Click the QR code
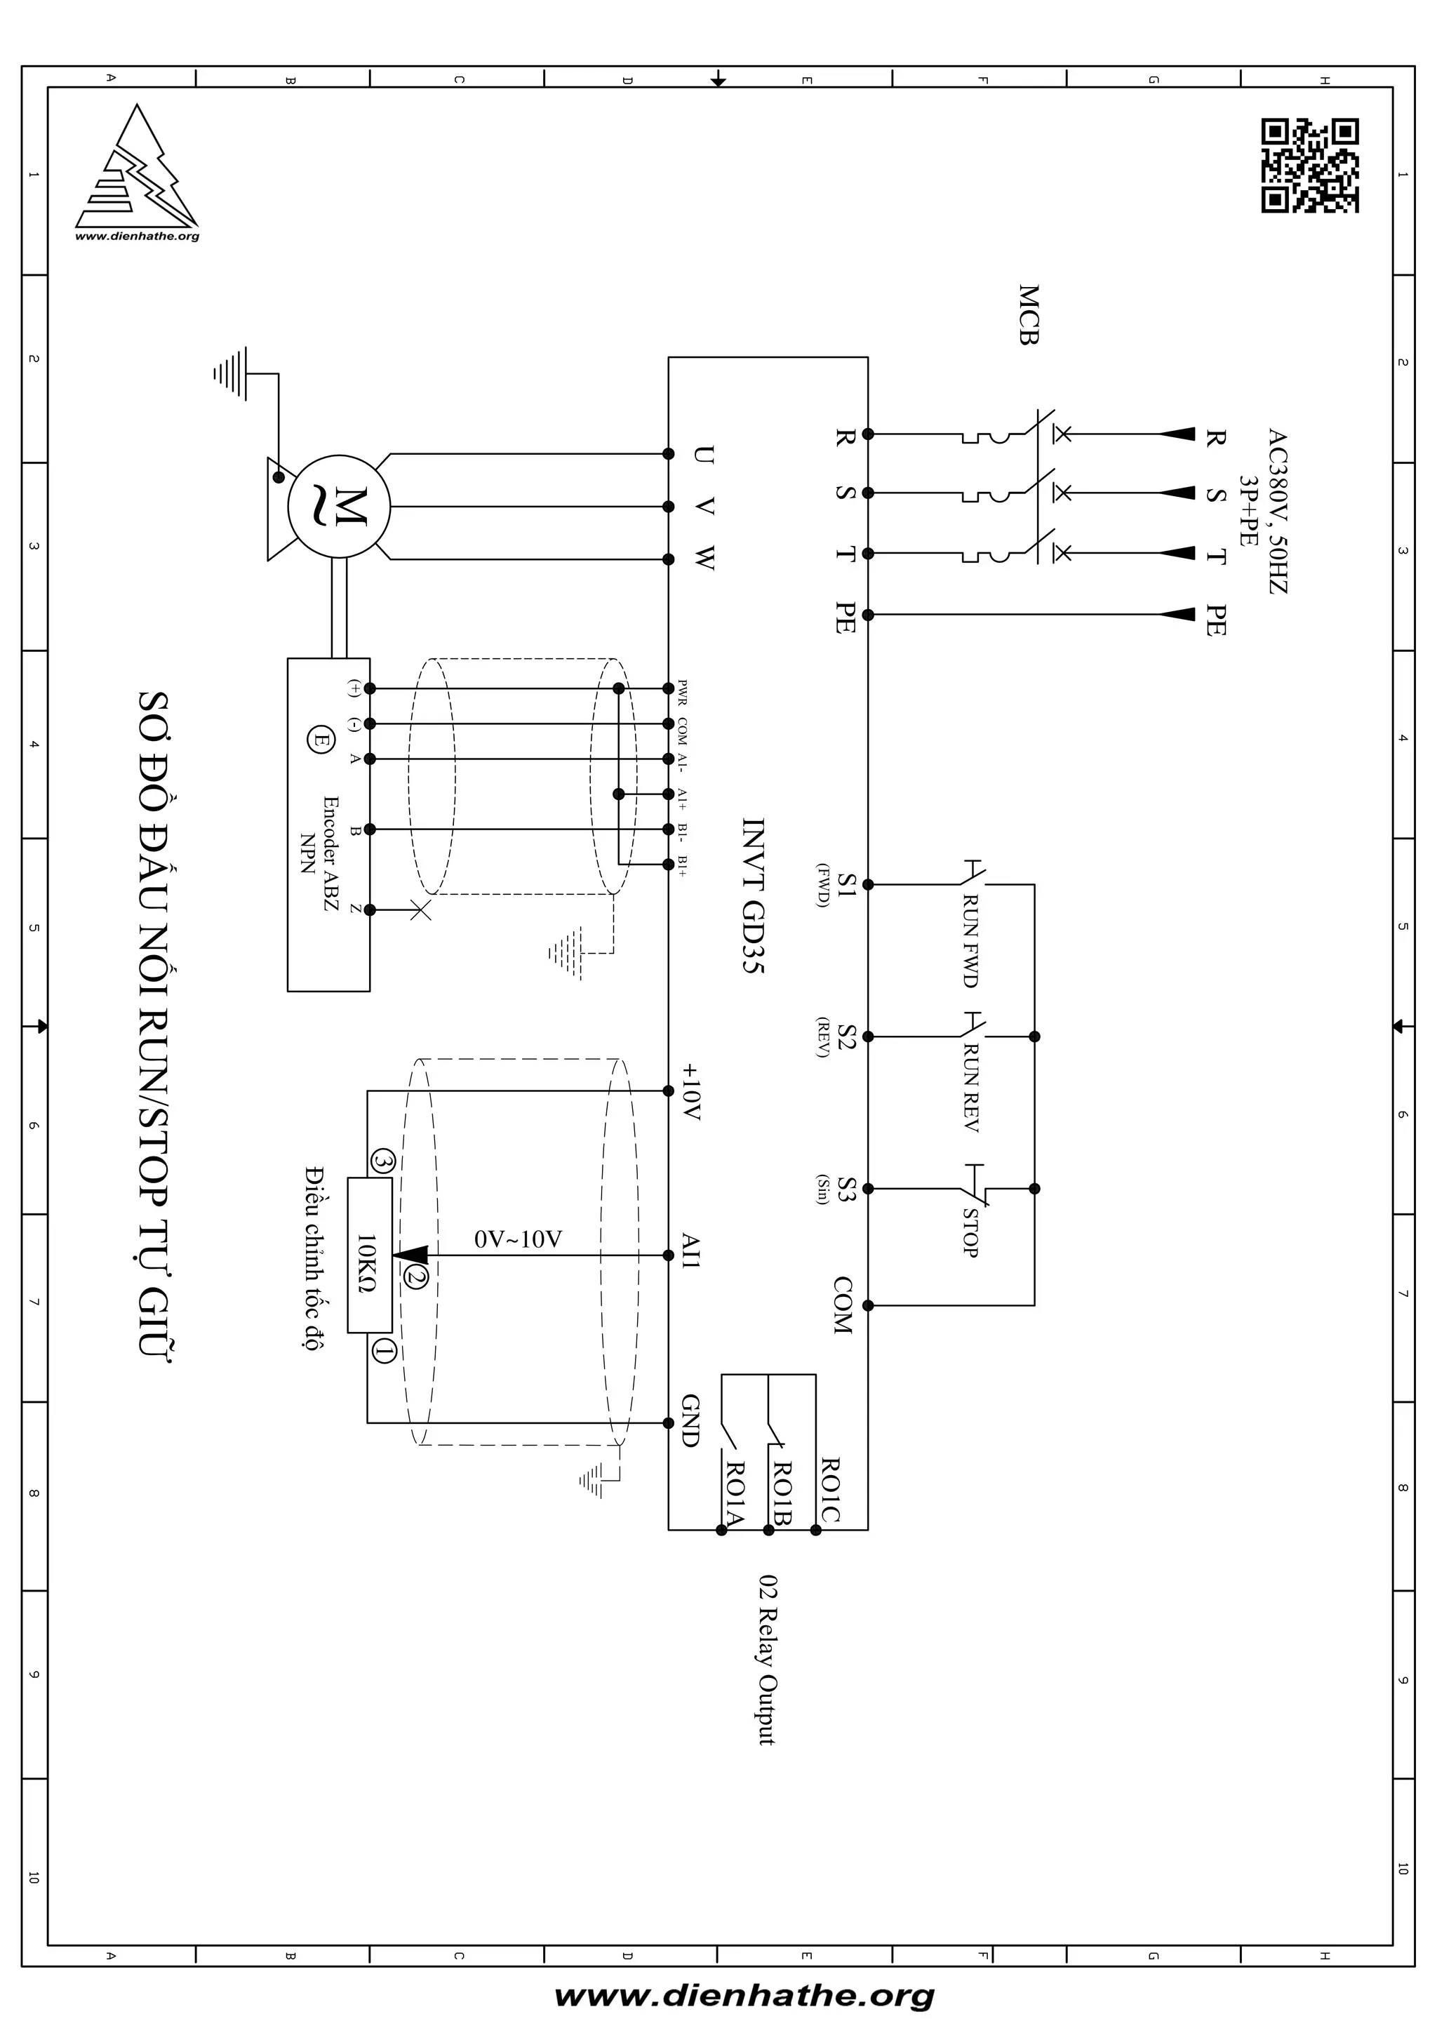click(x=1309, y=166)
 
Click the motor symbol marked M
click(x=339, y=507)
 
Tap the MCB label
click(x=1028, y=314)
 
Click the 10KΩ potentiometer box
click(x=369, y=1255)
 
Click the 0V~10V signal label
click(x=518, y=1239)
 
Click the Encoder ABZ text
click(x=330, y=855)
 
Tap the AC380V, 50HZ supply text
click(x=1276, y=511)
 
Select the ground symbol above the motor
click(x=229, y=373)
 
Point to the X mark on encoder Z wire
click(x=420, y=909)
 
